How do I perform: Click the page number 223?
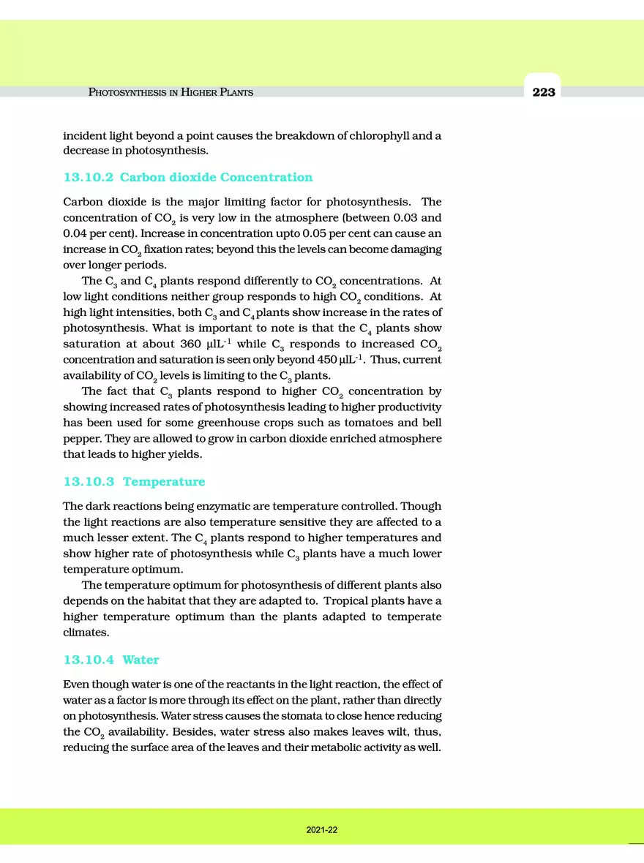[544, 92]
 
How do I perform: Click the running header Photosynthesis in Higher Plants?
[171, 92]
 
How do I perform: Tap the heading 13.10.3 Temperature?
[134, 481]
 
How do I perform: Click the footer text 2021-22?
[322, 831]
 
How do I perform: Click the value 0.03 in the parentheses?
[393, 218]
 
